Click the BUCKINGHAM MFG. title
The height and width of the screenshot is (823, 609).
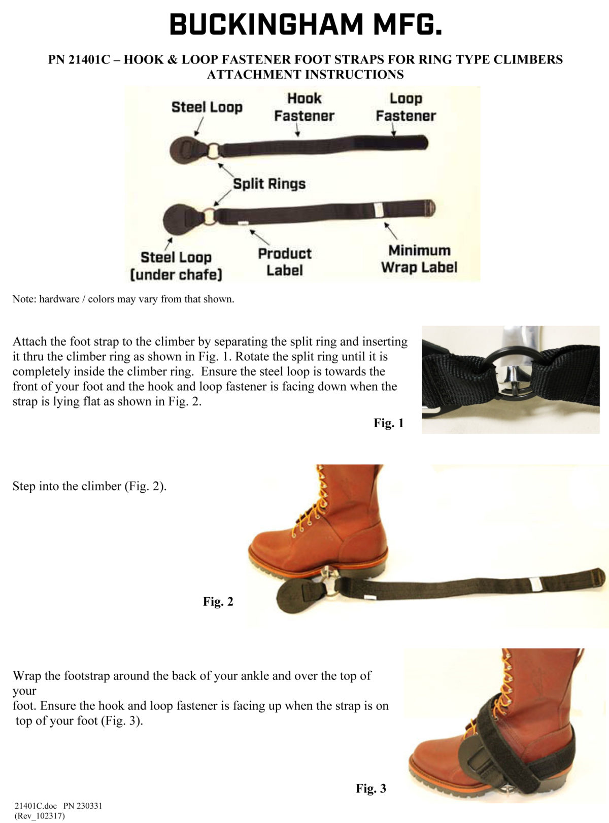[x=306, y=25]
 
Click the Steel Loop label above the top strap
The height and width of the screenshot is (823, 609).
[x=207, y=107]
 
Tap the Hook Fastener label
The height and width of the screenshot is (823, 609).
[x=304, y=107]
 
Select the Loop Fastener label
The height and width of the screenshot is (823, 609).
[x=405, y=107]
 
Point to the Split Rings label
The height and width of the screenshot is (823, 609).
[x=269, y=184]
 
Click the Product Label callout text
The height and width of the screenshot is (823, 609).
[x=285, y=262]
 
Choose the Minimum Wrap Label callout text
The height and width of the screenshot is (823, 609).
[x=419, y=259]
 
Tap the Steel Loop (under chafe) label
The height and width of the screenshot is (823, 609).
[x=176, y=265]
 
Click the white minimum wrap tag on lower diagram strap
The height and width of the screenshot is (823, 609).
[x=377, y=210]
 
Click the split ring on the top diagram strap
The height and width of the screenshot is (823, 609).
[x=213, y=151]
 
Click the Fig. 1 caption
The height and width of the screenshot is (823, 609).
[x=389, y=423]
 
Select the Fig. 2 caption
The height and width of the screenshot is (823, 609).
[x=218, y=602]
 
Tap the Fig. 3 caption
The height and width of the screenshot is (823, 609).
[x=371, y=788]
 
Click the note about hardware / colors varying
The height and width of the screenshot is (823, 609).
[x=123, y=299]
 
